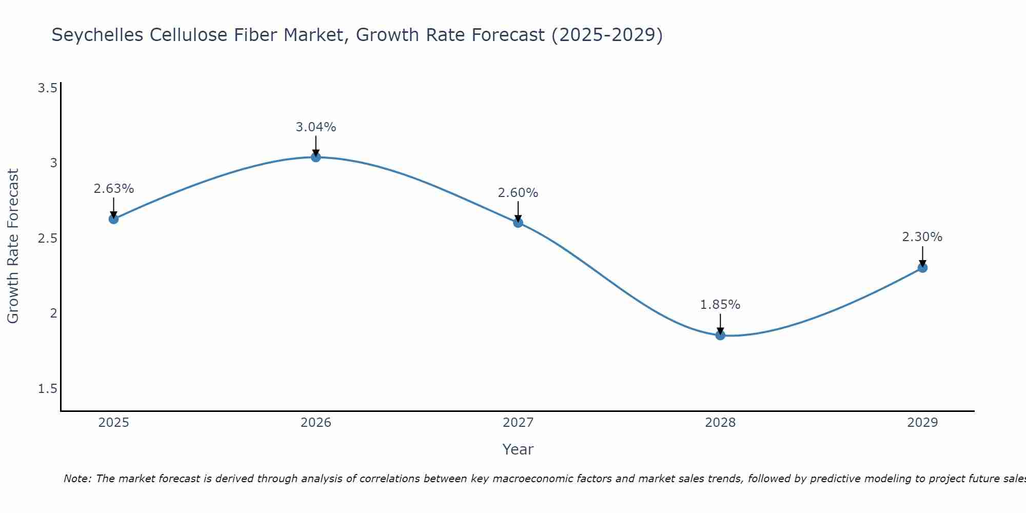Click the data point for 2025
pyautogui.click(x=113, y=219)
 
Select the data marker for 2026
pyautogui.click(x=315, y=157)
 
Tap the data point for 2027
pyautogui.click(x=518, y=222)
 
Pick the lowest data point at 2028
pyautogui.click(x=720, y=335)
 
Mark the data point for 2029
pyautogui.click(x=922, y=267)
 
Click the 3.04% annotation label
pyautogui.click(x=315, y=127)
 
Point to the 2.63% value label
pyautogui.click(x=113, y=188)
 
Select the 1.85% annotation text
pyautogui.click(x=720, y=304)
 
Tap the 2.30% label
pyautogui.click(x=922, y=236)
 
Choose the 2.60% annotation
pyautogui.click(x=518, y=192)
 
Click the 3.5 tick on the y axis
pyautogui.click(x=47, y=88)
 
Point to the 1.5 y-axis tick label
pyautogui.click(x=47, y=389)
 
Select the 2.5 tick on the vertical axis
pyautogui.click(x=47, y=239)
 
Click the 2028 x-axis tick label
pyautogui.click(x=720, y=422)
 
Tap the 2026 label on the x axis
pyautogui.click(x=315, y=422)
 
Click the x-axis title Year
pyautogui.click(x=518, y=449)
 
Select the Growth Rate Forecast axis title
pyautogui.click(x=13, y=246)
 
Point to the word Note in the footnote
pyautogui.click(x=76, y=479)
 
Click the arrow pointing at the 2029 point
pyautogui.click(x=922, y=256)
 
